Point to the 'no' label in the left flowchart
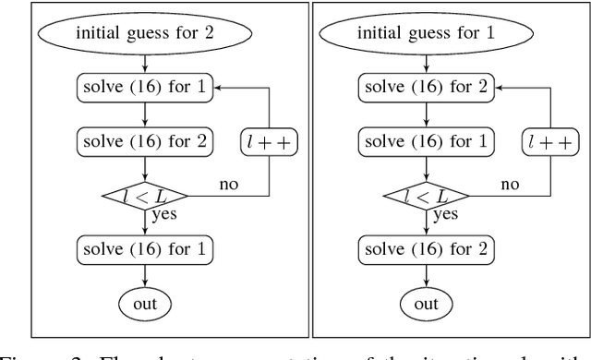[227, 185]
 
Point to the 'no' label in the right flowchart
[510, 185]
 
